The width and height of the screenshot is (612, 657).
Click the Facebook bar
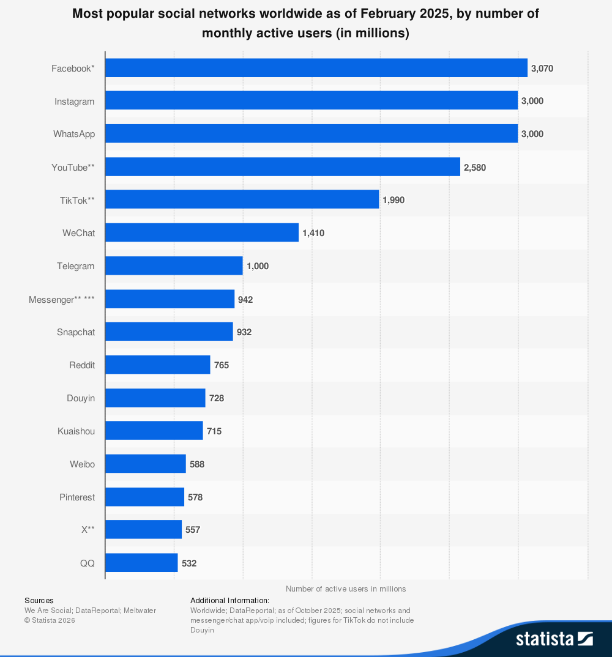(x=316, y=68)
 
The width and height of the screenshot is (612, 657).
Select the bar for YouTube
(x=282, y=167)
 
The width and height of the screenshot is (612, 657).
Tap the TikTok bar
(x=242, y=200)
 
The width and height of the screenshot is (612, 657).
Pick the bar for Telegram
(x=174, y=266)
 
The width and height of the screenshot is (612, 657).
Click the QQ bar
(x=141, y=563)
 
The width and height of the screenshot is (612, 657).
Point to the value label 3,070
(x=542, y=69)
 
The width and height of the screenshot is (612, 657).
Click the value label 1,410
(x=313, y=233)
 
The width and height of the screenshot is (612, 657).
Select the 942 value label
(x=245, y=299)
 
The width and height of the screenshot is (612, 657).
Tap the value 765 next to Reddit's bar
(x=221, y=365)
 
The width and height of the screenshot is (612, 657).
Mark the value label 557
(x=193, y=530)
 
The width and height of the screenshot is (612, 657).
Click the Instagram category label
(x=74, y=102)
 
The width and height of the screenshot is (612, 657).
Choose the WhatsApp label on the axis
(x=73, y=134)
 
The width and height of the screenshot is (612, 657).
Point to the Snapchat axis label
(x=76, y=332)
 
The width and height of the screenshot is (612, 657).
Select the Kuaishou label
(x=76, y=431)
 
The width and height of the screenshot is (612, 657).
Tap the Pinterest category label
(x=77, y=497)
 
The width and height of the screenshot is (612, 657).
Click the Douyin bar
(x=155, y=398)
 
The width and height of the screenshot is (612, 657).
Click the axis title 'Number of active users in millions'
(x=346, y=589)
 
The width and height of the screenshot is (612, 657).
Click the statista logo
(x=554, y=639)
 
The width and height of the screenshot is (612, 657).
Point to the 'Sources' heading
(x=39, y=601)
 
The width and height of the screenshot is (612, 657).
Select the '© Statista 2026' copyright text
(x=50, y=620)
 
